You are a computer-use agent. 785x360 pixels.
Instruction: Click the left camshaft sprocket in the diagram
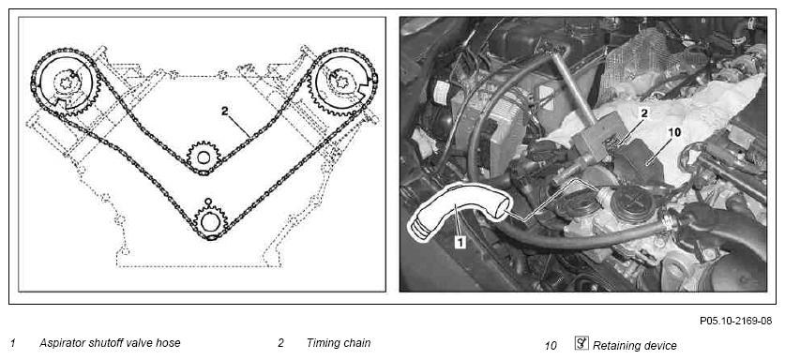tap(66, 83)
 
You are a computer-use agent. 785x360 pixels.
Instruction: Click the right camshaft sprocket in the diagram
tap(341, 83)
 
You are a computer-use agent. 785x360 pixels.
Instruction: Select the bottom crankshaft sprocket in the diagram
tap(211, 220)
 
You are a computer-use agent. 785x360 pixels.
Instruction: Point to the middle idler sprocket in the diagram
tap(204, 157)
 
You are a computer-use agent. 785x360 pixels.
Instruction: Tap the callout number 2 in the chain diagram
tap(225, 112)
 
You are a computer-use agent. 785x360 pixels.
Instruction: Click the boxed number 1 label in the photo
tap(460, 243)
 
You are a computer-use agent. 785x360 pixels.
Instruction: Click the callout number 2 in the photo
tap(644, 113)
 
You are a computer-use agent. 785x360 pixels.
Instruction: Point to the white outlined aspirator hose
tap(458, 211)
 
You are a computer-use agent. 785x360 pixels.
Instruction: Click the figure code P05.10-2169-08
tap(735, 321)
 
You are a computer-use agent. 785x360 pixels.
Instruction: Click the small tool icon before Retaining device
tap(581, 344)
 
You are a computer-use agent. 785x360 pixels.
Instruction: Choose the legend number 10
tap(551, 346)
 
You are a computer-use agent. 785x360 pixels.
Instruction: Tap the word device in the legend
tap(657, 345)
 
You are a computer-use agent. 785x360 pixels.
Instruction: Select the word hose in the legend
tap(166, 343)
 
